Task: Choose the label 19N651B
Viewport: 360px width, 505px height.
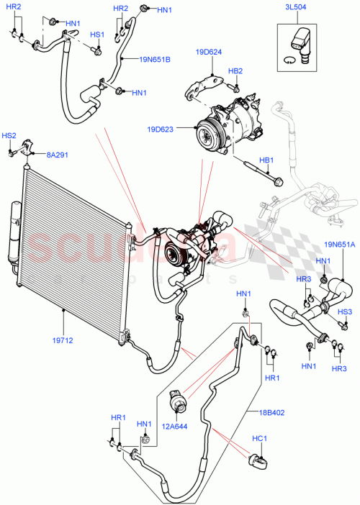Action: [x=155, y=59]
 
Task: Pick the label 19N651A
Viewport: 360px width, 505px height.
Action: [x=338, y=245]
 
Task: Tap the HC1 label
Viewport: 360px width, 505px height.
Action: [x=259, y=438]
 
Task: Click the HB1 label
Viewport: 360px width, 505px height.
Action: [x=266, y=160]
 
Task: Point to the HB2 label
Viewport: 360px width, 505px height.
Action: [x=235, y=71]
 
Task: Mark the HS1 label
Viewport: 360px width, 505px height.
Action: [x=96, y=35]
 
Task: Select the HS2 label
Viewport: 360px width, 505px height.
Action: [x=9, y=135]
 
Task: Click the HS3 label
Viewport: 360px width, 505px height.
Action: [x=345, y=311]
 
